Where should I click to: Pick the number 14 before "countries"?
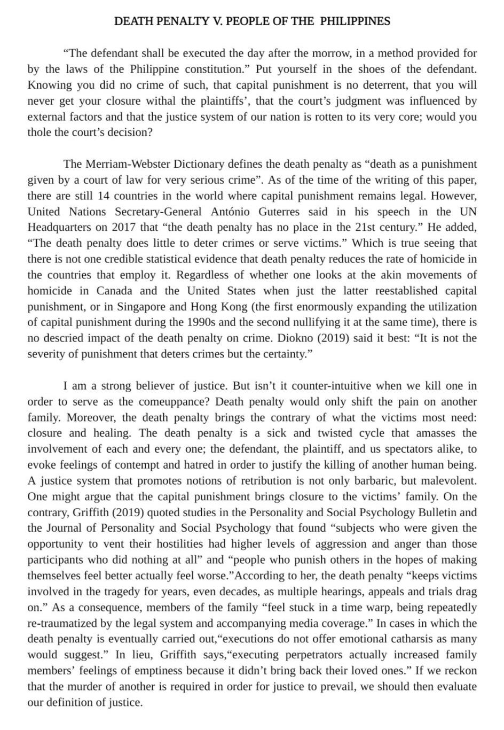104,196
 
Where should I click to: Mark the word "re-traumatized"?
60,623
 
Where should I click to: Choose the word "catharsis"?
413,639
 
